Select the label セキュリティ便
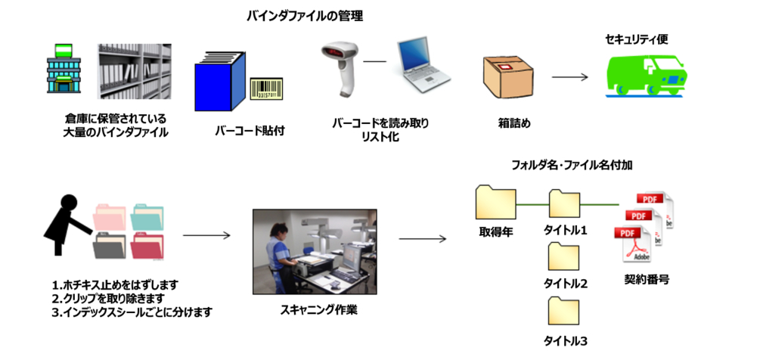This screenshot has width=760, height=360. [x=636, y=39]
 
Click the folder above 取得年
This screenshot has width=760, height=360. [x=495, y=203]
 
